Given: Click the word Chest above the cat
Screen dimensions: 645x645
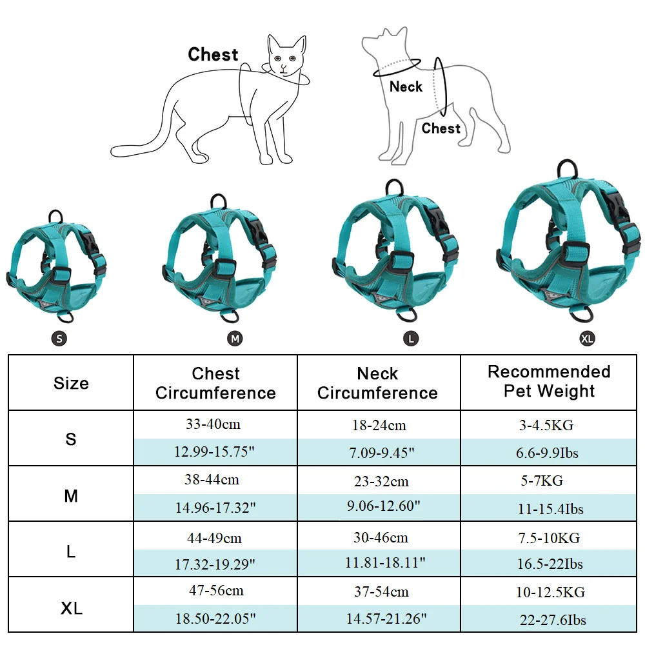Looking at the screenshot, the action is [x=213, y=54].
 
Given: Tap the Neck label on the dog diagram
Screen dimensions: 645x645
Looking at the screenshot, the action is [x=406, y=87].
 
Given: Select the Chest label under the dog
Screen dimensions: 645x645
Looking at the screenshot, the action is [x=441, y=128].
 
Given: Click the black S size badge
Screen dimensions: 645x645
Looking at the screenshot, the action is [x=59, y=339].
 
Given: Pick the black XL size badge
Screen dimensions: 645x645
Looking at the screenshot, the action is [x=587, y=339].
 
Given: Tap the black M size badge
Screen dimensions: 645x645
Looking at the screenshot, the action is [x=235, y=339].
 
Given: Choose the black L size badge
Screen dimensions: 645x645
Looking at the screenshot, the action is [x=411, y=339].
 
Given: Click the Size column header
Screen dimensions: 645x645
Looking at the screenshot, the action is [x=71, y=383].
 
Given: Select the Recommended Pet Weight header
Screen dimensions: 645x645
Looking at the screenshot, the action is [x=549, y=381].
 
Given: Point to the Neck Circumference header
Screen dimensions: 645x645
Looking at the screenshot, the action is [x=377, y=383].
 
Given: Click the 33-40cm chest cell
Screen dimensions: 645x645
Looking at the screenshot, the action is [x=213, y=424].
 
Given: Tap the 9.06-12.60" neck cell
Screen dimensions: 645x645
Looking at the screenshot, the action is [x=383, y=506].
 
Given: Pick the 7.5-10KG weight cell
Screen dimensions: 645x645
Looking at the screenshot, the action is [x=549, y=538].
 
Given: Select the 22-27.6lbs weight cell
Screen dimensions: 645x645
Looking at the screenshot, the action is [x=553, y=620].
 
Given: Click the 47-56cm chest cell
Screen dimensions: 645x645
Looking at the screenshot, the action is [x=216, y=590].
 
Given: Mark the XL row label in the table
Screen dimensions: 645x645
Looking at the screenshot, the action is [x=72, y=608].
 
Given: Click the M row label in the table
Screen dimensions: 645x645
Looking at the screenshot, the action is [x=71, y=496].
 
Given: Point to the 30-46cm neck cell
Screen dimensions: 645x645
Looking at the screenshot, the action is [x=381, y=537].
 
